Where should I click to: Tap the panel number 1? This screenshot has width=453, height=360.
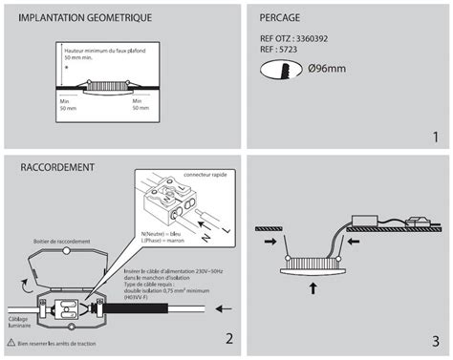pyautogui.click(x=435, y=138)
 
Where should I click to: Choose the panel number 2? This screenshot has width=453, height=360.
pyautogui.click(x=228, y=337)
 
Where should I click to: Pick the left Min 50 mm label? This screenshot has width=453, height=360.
pyautogui.click(x=65, y=104)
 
